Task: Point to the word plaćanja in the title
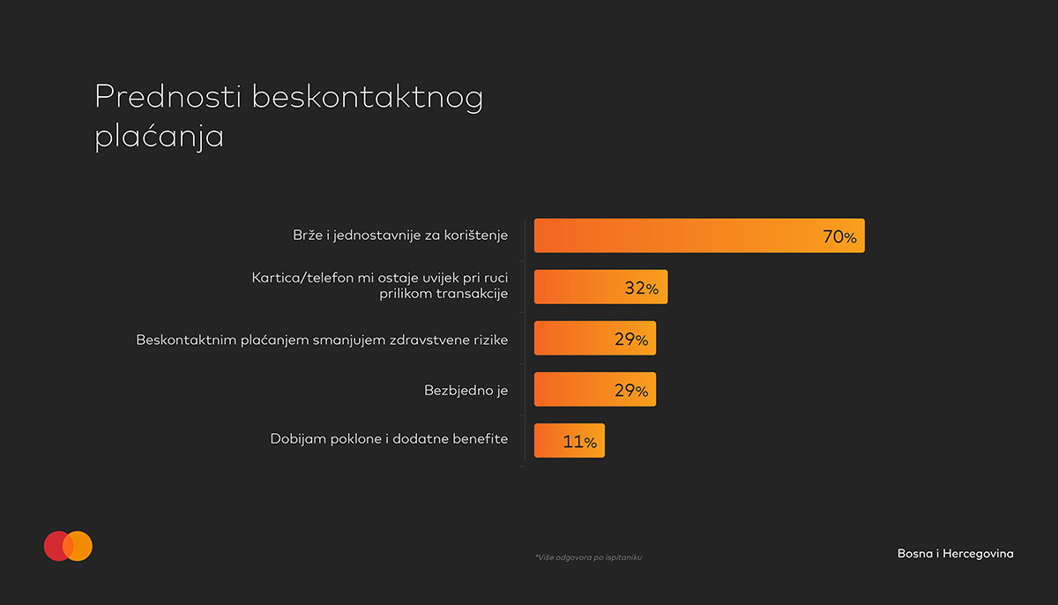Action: pos(159,139)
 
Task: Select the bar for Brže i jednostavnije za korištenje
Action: pos(670,235)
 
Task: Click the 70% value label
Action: pos(839,237)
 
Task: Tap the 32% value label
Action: pos(641,288)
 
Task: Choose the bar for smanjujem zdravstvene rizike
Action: pos(573,339)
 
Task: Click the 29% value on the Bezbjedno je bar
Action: pos(630,391)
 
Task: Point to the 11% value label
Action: pos(579,442)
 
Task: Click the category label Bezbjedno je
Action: pos(466,390)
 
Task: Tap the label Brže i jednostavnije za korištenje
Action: pos(400,236)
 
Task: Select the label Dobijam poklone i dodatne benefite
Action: pos(389,438)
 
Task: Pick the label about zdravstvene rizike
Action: pos(322,339)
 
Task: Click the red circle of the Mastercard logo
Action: pos(55,546)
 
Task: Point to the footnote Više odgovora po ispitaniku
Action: pos(588,557)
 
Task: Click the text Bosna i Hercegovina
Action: pos(955,554)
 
